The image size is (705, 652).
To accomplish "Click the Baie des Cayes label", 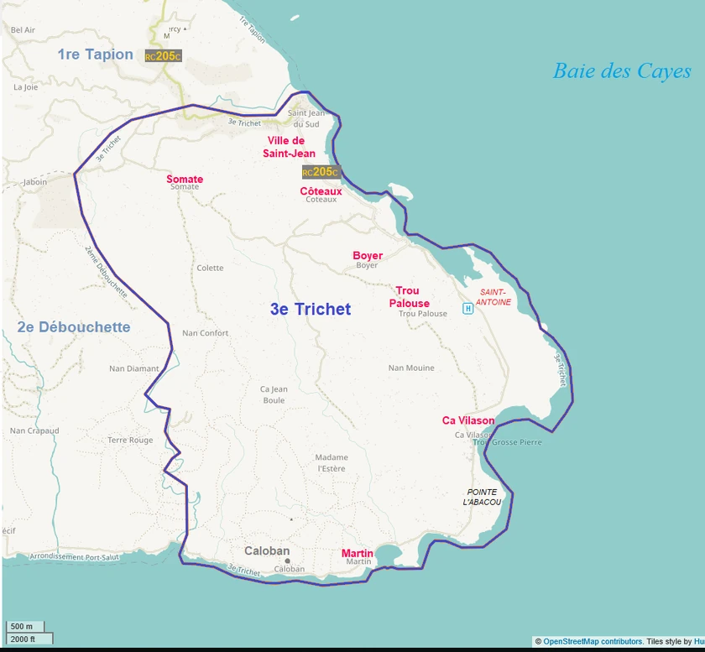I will [x=621, y=71].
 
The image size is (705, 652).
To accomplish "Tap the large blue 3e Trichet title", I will [x=310, y=310].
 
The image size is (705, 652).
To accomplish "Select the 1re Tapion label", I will [x=95, y=55].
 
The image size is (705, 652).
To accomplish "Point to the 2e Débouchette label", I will [x=73, y=327].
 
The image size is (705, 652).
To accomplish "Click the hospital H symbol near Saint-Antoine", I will [x=468, y=308].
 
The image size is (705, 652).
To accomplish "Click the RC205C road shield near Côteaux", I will [x=320, y=172].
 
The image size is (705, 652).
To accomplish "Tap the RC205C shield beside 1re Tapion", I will [x=163, y=56].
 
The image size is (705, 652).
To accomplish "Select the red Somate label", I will [x=185, y=179].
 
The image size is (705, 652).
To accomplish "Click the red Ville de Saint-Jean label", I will [x=291, y=147].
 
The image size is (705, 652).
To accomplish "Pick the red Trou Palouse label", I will [x=409, y=297].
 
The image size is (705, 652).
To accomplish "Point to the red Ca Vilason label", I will [x=468, y=420].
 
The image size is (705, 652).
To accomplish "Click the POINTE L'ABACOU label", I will [x=482, y=497].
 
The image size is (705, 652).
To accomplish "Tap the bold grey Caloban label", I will [x=267, y=551].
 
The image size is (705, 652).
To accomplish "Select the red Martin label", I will [x=358, y=553].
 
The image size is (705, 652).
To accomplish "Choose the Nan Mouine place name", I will [x=411, y=368].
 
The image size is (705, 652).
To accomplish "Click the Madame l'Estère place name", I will [x=332, y=463].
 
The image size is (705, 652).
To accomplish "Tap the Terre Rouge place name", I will [x=130, y=440].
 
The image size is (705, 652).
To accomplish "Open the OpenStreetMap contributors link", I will [x=593, y=642].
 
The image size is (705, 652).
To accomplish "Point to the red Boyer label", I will [x=368, y=255].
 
